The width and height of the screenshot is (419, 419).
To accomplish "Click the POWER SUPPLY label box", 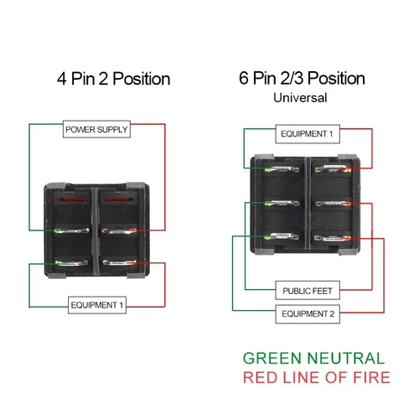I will point(97,130).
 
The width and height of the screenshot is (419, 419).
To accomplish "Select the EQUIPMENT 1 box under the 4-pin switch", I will point(97,306).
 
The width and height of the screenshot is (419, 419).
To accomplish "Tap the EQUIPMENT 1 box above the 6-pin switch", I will point(307,134).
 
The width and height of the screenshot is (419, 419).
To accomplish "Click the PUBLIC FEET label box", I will point(307,291).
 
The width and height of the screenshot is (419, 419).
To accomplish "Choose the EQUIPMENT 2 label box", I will point(307,315).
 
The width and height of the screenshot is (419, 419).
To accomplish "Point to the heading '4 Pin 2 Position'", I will point(114,80).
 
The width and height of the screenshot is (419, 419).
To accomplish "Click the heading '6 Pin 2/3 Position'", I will point(301,79).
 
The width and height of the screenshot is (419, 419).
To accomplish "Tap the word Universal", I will point(300,97).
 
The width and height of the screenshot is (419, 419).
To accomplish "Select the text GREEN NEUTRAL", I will point(314,359).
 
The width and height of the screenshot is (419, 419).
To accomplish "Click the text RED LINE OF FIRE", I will point(317,378).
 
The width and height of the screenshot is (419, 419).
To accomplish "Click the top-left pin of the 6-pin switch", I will point(278,170).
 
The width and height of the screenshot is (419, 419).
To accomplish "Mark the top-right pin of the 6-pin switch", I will point(334,170).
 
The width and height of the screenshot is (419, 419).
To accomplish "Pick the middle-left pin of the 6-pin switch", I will point(278,204).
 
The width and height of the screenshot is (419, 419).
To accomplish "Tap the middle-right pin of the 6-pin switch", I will point(334,204).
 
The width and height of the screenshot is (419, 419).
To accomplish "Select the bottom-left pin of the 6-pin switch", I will point(278,238).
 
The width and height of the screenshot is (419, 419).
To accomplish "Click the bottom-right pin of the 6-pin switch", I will point(334,238).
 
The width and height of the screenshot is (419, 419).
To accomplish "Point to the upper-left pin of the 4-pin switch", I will point(70,231).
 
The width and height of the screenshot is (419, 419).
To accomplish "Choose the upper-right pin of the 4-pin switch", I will point(119,231).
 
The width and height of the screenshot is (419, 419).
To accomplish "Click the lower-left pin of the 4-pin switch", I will point(70,264).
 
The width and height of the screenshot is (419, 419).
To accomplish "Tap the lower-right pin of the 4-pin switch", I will point(119,264).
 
